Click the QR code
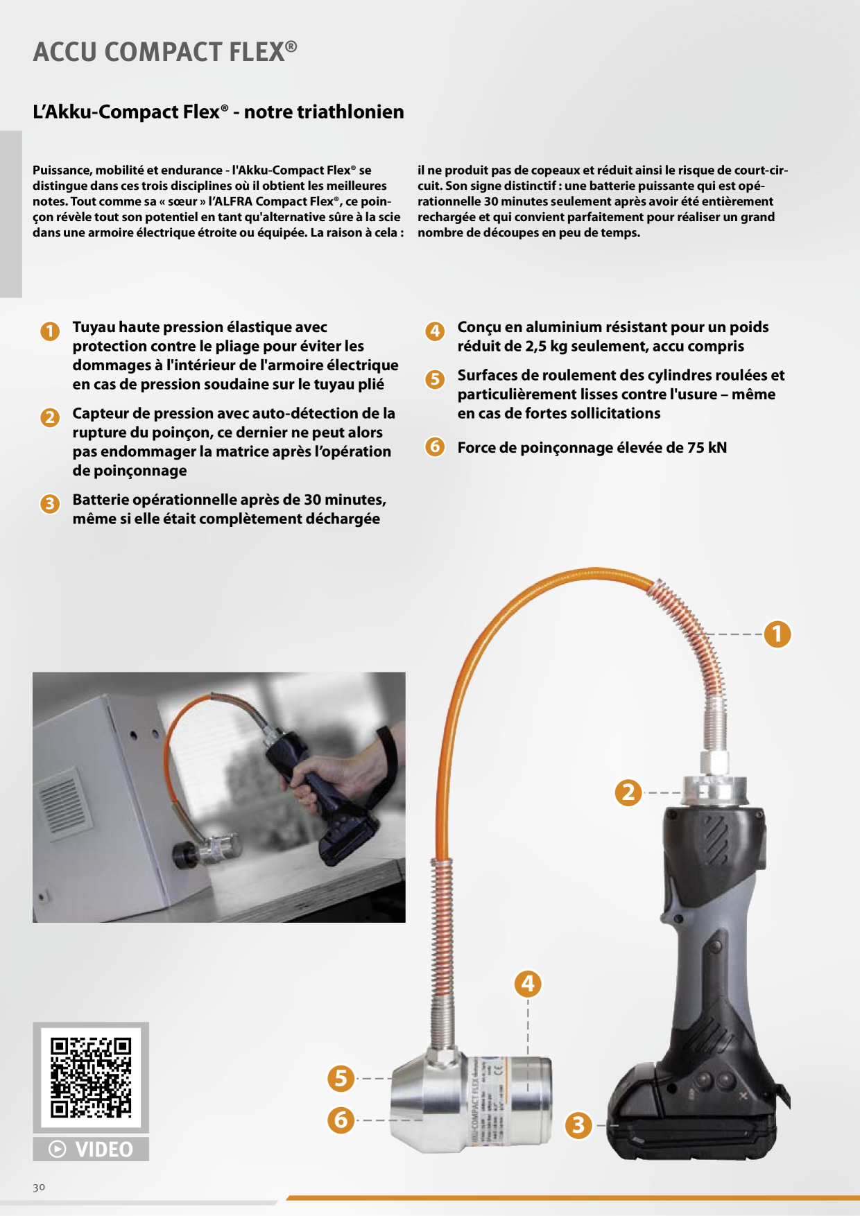click(x=91, y=1077)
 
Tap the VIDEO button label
click(x=91, y=1149)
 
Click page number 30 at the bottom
click(x=39, y=1187)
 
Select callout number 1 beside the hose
click(x=777, y=634)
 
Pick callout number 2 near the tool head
click(x=629, y=792)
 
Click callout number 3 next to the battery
click(x=579, y=1125)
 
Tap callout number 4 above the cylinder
click(x=528, y=983)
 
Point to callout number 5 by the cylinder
click(x=341, y=1078)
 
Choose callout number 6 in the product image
click(x=341, y=1120)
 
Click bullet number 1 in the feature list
click(x=50, y=331)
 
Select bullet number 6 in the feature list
click(x=435, y=446)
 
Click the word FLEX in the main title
click(x=252, y=52)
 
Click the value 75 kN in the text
click(x=707, y=448)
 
